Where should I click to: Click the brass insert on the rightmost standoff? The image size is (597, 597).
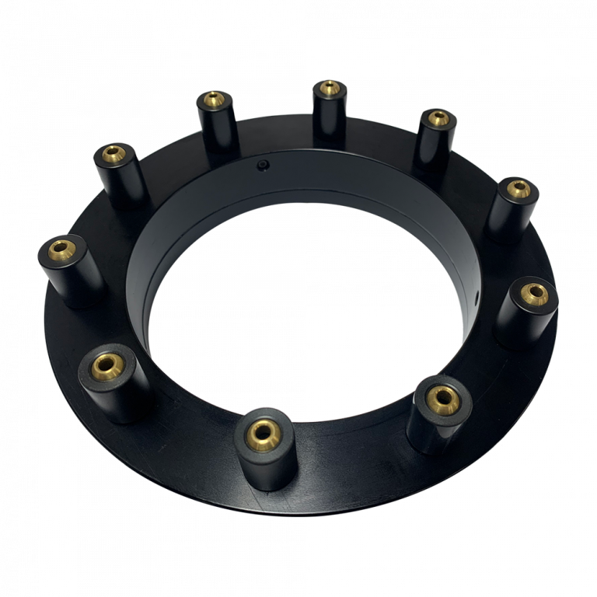[x=533, y=293]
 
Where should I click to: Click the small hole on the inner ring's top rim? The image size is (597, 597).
[x=264, y=166]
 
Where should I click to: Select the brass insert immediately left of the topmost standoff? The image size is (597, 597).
[x=211, y=99]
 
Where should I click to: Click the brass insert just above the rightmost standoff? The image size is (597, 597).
[x=514, y=189]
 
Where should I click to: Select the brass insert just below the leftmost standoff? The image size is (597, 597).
[x=106, y=364]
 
